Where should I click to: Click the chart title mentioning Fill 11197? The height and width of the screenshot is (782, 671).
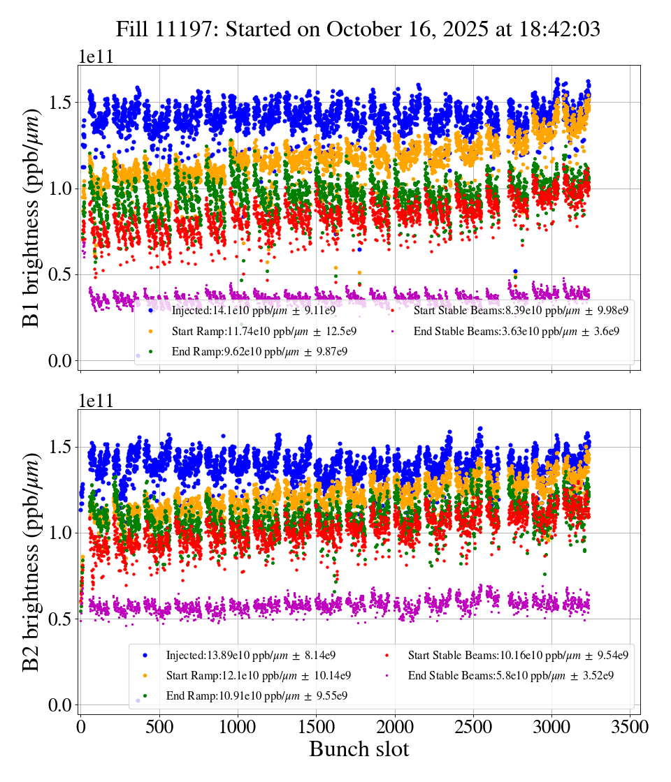(358, 29)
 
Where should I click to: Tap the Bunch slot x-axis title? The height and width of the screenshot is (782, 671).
(359, 749)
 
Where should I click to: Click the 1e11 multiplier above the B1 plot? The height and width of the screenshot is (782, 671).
(96, 57)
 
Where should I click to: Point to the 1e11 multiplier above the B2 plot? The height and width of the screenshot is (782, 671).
(96, 401)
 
